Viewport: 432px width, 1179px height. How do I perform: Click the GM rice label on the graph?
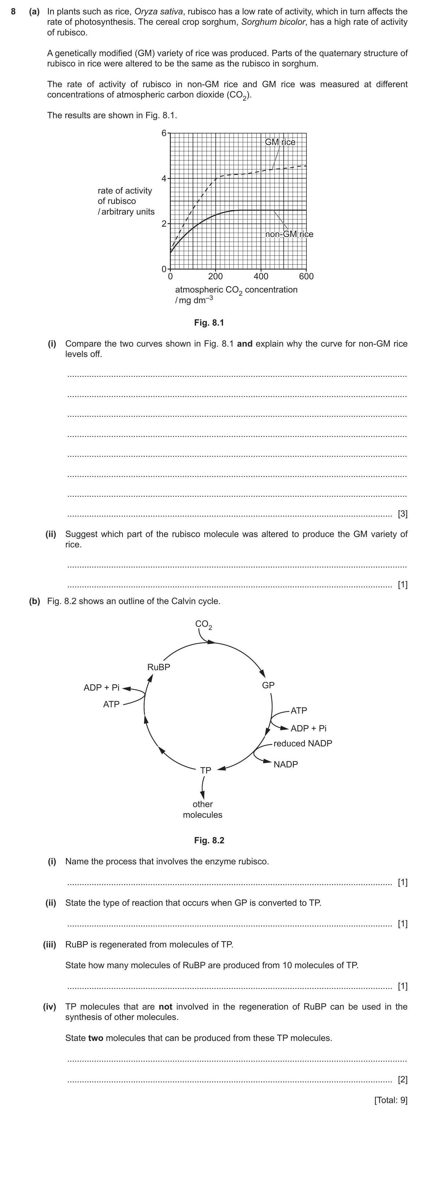click(280, 142)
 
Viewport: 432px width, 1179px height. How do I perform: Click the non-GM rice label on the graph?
click(289, 234)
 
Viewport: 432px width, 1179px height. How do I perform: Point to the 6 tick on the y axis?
click(164, 133)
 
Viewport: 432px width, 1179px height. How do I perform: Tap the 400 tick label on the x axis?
click(261, 276)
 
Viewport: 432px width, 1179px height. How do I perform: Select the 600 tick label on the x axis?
click(306, 276)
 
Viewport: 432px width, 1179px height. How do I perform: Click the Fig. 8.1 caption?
click(209, 323)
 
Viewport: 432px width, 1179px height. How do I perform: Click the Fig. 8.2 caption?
click(209, 840)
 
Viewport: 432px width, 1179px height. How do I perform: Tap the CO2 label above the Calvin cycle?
click(203, 624)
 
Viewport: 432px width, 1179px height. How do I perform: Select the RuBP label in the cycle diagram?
click(158, 667)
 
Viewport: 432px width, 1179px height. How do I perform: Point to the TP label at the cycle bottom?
click(206, 770)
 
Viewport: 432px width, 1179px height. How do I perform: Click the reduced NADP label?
click(303, 743)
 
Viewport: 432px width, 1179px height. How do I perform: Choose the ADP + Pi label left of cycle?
click(101, 687)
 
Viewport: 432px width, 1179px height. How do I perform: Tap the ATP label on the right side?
click(299, 710)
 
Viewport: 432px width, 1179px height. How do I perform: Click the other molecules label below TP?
click(202, 809)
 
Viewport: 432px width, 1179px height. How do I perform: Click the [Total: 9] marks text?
click(390, 1100)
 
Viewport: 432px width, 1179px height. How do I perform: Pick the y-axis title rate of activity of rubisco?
click(126, 201)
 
